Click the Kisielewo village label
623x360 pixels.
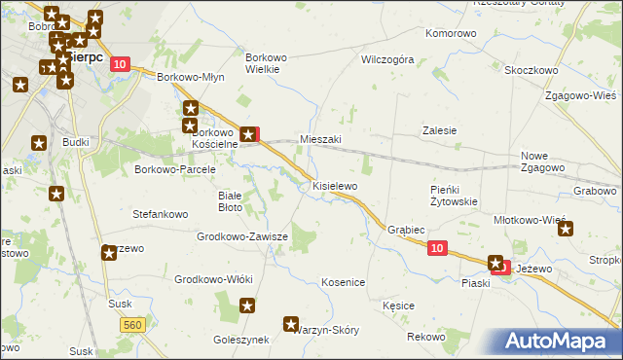335,185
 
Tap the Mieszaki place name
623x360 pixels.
320,139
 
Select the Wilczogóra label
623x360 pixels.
387,59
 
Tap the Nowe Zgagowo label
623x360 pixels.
542,162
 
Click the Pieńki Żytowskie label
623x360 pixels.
453,196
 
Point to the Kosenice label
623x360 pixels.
343,282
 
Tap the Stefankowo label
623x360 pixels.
160,212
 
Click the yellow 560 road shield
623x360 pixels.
134,324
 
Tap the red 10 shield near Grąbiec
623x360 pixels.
437,249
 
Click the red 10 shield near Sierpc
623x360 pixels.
119,63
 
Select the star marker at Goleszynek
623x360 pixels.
247,306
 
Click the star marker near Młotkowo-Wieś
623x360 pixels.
567,230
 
